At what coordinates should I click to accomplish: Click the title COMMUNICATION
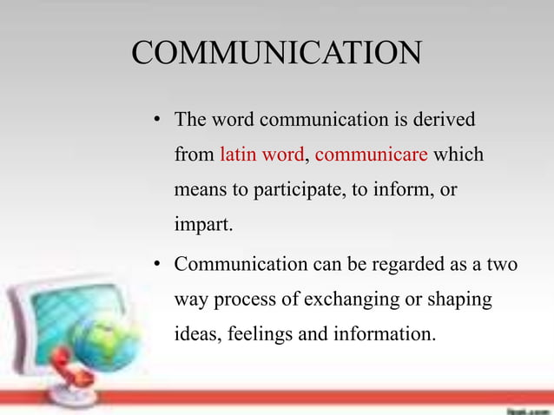click(276, 53)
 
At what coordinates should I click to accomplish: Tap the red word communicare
click(372, 155)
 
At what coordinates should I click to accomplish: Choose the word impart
click(203, 225)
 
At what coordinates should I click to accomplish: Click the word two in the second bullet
click(500, 263)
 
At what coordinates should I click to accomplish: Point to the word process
click(251, 299)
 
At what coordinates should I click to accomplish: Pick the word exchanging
click(356, 299)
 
